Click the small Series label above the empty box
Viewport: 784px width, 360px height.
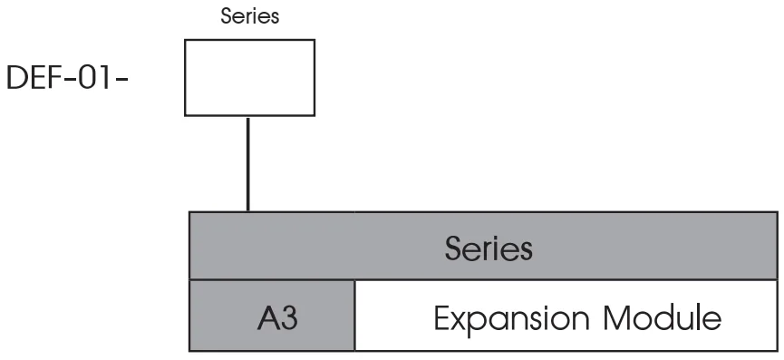[x=250, y=16]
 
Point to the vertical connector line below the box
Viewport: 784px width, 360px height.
[x=248, y=164]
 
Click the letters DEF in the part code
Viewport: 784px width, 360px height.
[x=33, y=79]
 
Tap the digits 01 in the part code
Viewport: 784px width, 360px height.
[x=94, y=79]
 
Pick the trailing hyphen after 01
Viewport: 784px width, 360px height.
[x=121, y=80]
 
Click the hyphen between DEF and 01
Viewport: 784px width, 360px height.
[x=69, y=80]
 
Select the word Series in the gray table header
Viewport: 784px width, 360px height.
[x=489, y=248]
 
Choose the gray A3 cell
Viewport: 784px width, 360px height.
[x=272, y=316]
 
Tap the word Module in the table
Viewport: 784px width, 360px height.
[x=663, y=318]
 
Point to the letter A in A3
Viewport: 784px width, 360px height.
[x=268, y=318]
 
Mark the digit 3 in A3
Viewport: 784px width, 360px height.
[x=289, y=318]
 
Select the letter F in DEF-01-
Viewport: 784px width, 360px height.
[x=54, y=79]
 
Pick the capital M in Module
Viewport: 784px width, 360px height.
[x=617, y=318]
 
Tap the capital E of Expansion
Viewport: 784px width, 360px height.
[x=441, y=318]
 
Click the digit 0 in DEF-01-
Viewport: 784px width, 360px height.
[x=87, y=79]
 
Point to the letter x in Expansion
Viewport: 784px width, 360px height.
[x=460, y=322]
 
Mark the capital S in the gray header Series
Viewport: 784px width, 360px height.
[x=453, y=248]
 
